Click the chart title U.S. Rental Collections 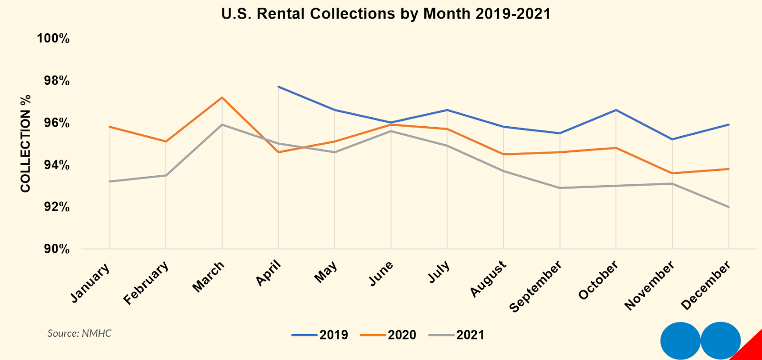[386, 14]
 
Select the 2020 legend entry [388, 335]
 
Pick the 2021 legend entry [457, 335]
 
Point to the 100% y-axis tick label [53, 39]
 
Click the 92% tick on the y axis [57, 207]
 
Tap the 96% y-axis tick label [57, 123]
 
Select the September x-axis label [535, 287]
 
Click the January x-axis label [90, 283]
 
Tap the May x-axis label [326, 272]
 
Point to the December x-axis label [706, 285]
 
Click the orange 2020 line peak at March [222, 98]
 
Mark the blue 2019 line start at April [278, 87]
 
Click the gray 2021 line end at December [729, 207]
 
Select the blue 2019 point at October [616, 110]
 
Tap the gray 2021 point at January [110, 181]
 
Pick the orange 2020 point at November [672, 173]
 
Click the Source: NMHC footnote [79, 333]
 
